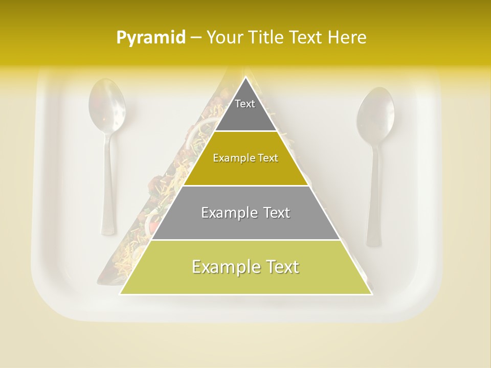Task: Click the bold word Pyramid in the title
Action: click(150, 38)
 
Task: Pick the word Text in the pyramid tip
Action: click(245, 104)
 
